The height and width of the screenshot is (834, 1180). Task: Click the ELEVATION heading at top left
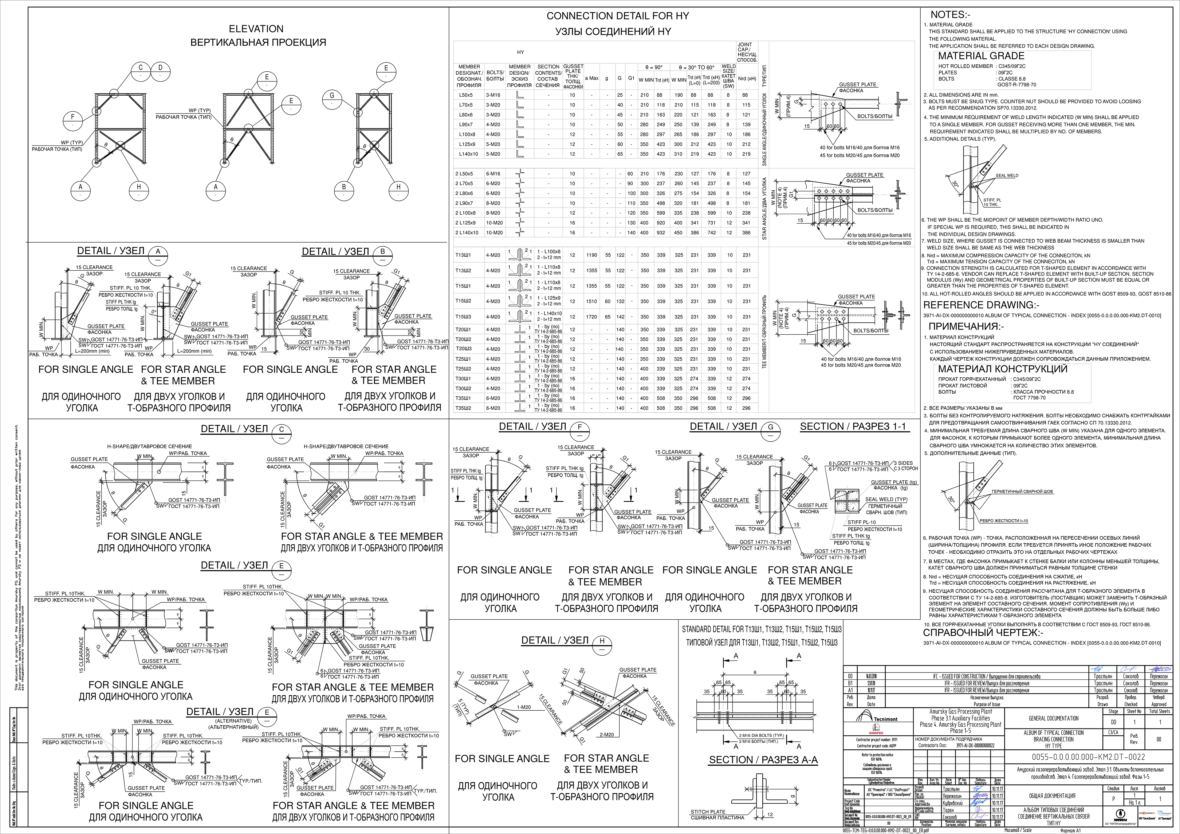[256, 29]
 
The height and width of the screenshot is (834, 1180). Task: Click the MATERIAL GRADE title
[981, 56]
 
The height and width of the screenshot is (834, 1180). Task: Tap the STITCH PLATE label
[708, 811]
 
